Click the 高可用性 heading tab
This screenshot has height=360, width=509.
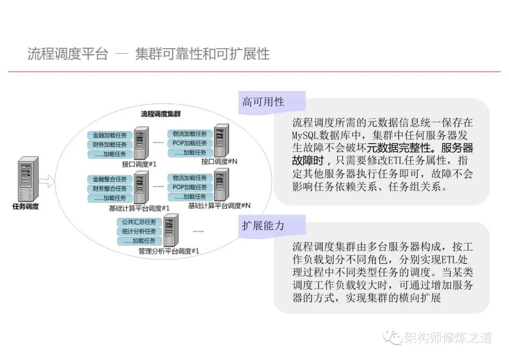coord(263,102)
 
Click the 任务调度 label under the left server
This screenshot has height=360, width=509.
coord(25,206)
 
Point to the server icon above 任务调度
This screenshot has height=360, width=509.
coord(28,179)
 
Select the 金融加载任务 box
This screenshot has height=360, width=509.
coord(109,135)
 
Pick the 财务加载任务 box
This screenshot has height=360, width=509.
coord(109,145)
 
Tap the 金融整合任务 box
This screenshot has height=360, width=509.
coord(109,179)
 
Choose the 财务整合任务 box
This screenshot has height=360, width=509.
coord(109,188)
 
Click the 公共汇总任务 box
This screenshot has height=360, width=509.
coord(139,222)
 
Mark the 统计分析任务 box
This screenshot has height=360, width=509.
coord(139,231)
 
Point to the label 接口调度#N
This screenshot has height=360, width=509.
coord(219,162)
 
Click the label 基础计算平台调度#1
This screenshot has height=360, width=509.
coord(139,208)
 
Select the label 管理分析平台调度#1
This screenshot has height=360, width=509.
coord(169,251)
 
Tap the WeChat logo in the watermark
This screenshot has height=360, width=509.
coord(390,336)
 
